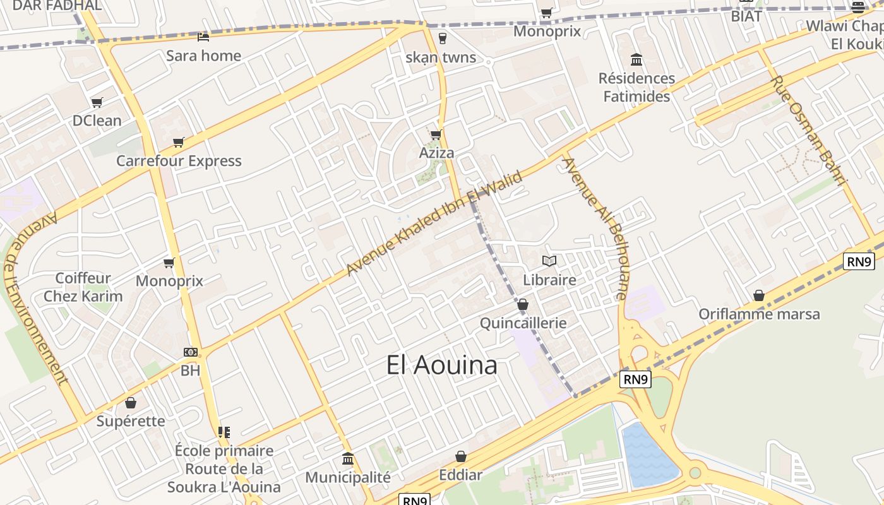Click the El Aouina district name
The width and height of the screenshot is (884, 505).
tap(442, 365)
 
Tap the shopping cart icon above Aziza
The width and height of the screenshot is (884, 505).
tap(436, 134)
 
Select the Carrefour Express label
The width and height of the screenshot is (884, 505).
tap(179, 161)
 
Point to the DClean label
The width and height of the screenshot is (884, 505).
tap(97, 121)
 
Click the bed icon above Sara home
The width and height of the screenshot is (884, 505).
tap(203, 37)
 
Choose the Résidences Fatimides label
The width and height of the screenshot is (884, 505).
tap(636, 88)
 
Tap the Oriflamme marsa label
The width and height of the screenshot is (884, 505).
tap(759, 314)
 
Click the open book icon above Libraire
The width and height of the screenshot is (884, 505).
tap(549, 261)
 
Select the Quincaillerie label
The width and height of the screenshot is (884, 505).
tap(523, 323)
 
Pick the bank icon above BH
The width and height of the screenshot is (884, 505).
tap(190, 352)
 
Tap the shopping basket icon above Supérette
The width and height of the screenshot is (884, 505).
tap(131, 403)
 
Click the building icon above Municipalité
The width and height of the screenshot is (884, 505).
tap(348, 458)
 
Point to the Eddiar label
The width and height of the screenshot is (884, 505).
tap(461, 475)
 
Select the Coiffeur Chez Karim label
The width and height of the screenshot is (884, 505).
tap(83, 287)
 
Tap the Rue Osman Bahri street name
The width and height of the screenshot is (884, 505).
tap(808, 131)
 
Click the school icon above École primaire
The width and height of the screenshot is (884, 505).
tap(224, 432)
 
